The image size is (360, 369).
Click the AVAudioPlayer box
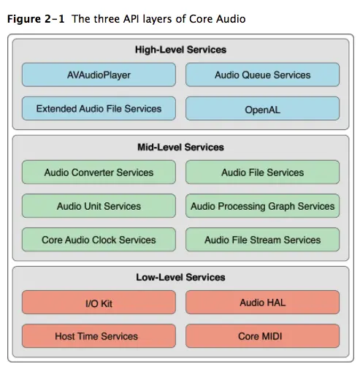point(99,75)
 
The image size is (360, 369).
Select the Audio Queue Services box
point(262,75)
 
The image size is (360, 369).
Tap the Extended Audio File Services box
point(99,109)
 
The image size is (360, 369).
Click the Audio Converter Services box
point(99,172)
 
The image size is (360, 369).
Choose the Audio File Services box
point(262,172)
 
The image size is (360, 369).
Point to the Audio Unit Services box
point(99,206)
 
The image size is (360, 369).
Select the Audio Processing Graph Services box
point(262,206)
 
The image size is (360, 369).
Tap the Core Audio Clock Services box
point(99,240)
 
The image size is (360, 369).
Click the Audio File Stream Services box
point(262,240)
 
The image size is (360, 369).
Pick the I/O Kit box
point(99,303)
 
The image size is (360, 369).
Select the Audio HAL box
point(262,303)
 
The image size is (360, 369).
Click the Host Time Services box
point(99,336)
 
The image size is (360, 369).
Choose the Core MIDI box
point(262,336)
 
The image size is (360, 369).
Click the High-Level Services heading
point(180,50)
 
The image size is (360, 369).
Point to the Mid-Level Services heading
point(180,147)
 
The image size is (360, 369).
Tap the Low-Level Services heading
point(180,277)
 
